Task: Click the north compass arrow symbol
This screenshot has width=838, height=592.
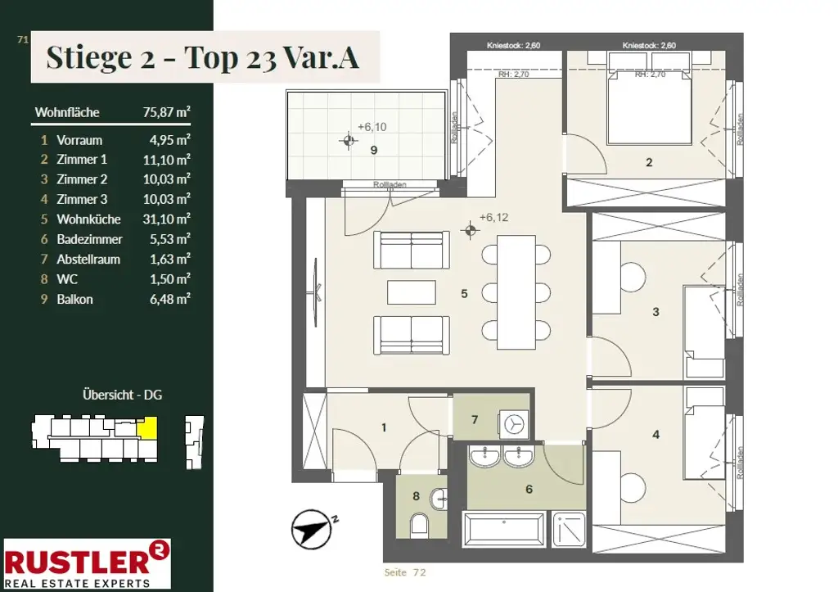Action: (312, 530)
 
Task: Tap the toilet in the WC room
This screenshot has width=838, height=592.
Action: (420, 524)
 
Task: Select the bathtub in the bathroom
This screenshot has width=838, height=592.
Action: (504, 530)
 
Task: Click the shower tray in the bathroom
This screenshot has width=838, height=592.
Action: (569, 530)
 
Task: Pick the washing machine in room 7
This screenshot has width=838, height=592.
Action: (514, 424)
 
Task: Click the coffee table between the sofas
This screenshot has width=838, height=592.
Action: (412, 292)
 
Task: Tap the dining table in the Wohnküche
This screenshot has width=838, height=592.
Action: (516, 292)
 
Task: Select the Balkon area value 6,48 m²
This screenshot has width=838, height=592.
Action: (170, 299)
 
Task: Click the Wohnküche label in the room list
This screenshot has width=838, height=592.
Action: (88, 219)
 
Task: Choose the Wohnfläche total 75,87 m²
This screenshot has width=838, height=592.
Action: (166, 112)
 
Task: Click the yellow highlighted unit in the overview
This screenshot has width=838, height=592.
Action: (147, 427)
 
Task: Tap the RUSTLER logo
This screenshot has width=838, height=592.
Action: (87, 563)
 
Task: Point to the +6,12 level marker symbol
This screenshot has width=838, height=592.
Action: (471, 231)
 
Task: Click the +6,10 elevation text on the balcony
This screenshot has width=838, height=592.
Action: (372, 127)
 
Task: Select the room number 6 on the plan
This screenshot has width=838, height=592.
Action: (529, 489)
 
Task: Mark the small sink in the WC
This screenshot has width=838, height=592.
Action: (439, 499)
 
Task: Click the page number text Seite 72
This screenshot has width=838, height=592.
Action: (405, 572)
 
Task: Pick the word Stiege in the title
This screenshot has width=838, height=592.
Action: (89, 58)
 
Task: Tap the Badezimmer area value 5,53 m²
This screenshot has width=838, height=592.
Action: (170, 239)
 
